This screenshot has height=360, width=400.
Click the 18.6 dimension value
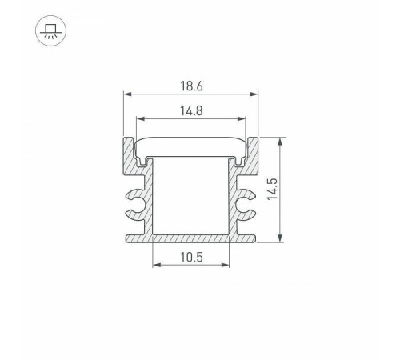click(x=191, y=84)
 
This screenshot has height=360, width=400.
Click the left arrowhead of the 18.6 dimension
click(x=126, y=94)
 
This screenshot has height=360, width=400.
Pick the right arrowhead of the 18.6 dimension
click(x=258, y=94)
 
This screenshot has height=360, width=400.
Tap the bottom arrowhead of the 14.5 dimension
click(x=279, y=236)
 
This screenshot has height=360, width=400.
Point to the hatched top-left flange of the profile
click(x=130, y=156)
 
